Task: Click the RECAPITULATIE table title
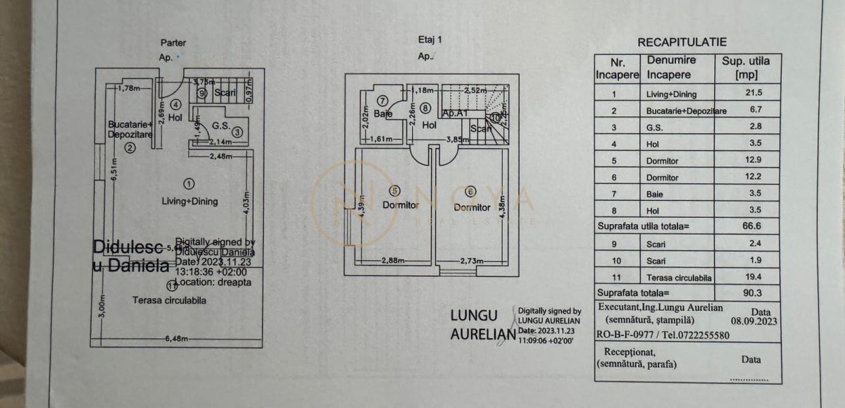pyautogui.click(x=682, y=42)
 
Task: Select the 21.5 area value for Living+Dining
pyautogui.click(x=746, y=93)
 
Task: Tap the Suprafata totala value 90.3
pyautogui.click(x=746, y=292)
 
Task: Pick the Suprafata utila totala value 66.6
pyautogui.click(x=746, y=226)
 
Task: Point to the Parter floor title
pyautogui.click(x=173, y=43)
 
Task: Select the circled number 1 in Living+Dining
pyautogui.click(x=188, y=184)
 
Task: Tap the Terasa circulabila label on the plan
pyautogui.click(x=169, y=300)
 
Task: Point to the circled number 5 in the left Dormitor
pyautogui.click(x=394, y=190)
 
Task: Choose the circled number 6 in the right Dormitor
pyautogui.click(x=470, y=190)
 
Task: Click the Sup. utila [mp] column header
pyautogui.click(x=746, y=68)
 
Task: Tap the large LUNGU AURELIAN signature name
pyautogui.click(x=482, y=325)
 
